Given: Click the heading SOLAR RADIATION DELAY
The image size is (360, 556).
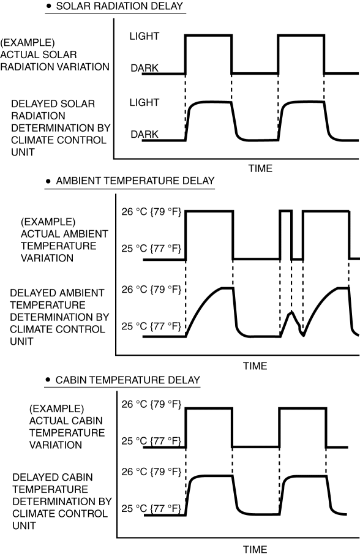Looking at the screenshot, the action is (x=119, y=6).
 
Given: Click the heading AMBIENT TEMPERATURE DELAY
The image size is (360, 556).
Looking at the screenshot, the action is (x=135, y=181).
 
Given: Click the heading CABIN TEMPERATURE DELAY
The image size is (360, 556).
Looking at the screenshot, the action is (x=128, y=380).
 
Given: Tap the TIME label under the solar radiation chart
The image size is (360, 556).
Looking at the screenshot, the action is (x=260, y=168).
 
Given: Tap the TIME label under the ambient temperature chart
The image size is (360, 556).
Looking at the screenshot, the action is (x=255, y=366).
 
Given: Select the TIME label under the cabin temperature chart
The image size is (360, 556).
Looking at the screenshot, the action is (x=255, y=549).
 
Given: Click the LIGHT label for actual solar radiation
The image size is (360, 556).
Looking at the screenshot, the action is (x=144, y=36).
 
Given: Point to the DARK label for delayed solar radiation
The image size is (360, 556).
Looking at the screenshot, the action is (x=144, y=134).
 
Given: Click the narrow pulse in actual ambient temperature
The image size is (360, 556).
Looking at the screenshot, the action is (x=286, y=211).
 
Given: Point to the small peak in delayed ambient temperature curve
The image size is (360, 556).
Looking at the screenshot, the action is (x=291, y=312).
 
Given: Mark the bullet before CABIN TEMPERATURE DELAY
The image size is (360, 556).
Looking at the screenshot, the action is (x=48, y=380).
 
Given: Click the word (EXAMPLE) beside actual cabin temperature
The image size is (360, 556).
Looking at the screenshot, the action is (x=57, y=409).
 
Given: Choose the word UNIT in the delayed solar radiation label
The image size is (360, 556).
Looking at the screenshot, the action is (x=23, y=152).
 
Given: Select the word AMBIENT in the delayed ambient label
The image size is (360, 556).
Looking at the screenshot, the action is (x=82, y=293).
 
